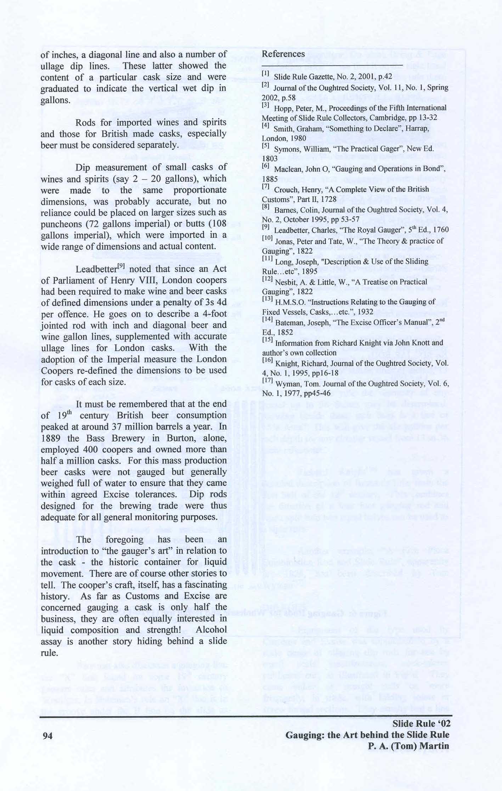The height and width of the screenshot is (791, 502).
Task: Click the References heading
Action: pos(283,54)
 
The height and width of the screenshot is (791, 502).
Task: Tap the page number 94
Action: pos(47,736)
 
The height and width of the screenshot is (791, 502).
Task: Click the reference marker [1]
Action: pos(266,74)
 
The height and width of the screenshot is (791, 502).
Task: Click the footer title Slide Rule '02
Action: pos(421,723)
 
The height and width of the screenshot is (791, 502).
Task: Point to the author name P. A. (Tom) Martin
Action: pos(408,746)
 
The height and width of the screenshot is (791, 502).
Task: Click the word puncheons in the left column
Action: pos(61,224)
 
